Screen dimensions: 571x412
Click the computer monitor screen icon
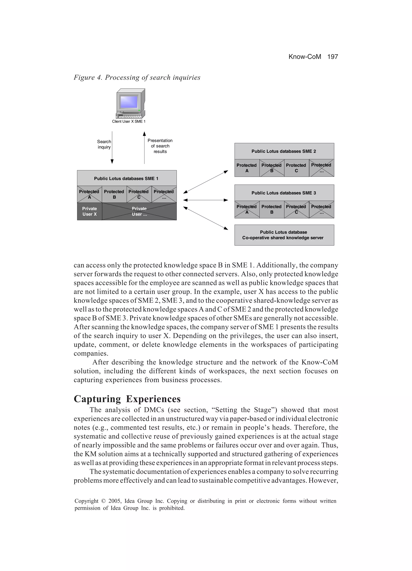[129, 102]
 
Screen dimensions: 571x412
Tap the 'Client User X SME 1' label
[129, 121]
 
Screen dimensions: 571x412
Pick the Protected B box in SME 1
[114, 194]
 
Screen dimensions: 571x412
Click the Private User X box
[89, 211]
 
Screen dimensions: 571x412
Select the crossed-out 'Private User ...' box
[139, 211]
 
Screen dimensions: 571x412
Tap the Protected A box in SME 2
[247, 168]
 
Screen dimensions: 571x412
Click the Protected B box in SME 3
[271, 209]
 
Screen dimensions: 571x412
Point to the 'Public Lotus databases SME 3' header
[284, 193]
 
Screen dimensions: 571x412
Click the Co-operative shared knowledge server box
[284, 235]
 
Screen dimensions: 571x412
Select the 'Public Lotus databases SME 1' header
[126, 179]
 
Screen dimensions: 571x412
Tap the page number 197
[333, 57]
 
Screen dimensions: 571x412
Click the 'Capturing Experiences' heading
[127, 399]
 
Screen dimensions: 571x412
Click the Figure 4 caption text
[137, 77]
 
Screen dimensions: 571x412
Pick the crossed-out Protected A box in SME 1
[89, 194]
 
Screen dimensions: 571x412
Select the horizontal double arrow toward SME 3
[206, 200]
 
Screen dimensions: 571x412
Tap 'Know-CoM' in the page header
[305, 57]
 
